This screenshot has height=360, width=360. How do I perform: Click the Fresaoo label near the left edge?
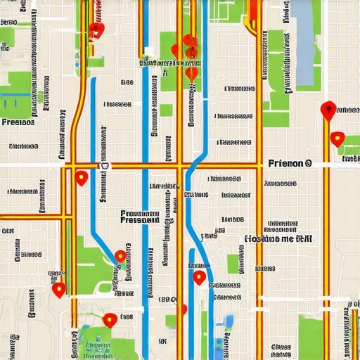[19, 122]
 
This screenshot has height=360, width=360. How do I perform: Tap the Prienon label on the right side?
[289, 163]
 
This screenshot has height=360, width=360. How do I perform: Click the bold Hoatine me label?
[278, 238]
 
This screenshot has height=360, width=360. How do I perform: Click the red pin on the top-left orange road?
[96, 30]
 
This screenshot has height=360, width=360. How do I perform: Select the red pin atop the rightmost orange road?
[327, 110]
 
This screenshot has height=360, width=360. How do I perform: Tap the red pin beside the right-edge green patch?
[337, 139]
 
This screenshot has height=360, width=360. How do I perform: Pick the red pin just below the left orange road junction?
[82, 178]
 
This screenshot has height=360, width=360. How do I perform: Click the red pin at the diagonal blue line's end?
[121, 257]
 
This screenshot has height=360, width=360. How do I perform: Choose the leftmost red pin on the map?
[59, 288]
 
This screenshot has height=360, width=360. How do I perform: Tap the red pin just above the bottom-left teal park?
[109, 320]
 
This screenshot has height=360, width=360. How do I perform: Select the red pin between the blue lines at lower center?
[200, 278]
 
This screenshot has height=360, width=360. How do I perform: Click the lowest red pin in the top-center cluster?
[191, 73]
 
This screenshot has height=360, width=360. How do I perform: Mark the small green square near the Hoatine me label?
[233, 264]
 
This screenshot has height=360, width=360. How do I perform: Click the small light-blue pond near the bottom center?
[229, 322]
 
